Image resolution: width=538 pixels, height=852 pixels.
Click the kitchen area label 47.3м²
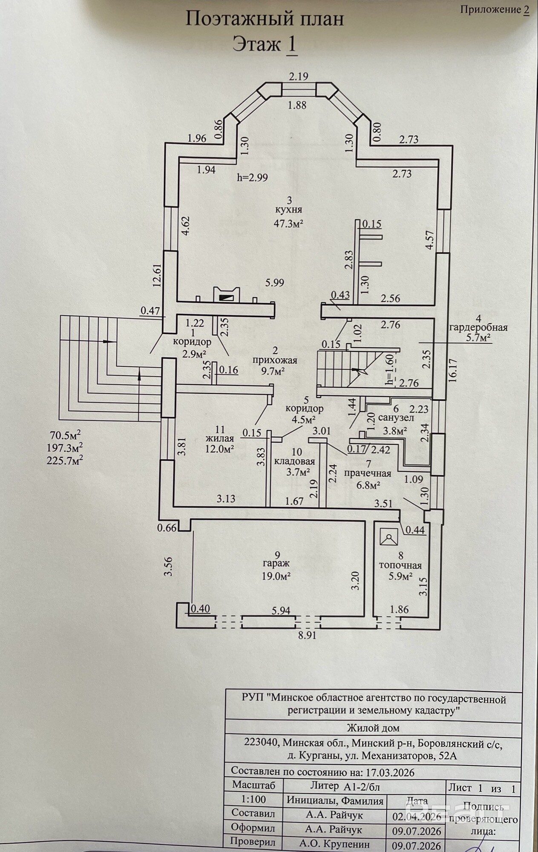[289, 224]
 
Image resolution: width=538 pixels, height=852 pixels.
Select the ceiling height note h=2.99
[253, 178]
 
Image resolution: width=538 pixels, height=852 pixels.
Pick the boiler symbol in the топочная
[388, 538]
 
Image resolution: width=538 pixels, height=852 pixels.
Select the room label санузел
[396, 418]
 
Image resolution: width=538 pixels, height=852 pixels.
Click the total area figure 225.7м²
[66, 459]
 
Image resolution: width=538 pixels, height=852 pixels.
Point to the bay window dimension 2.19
[298, 77]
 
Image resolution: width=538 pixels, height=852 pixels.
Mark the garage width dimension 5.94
[281, 611]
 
